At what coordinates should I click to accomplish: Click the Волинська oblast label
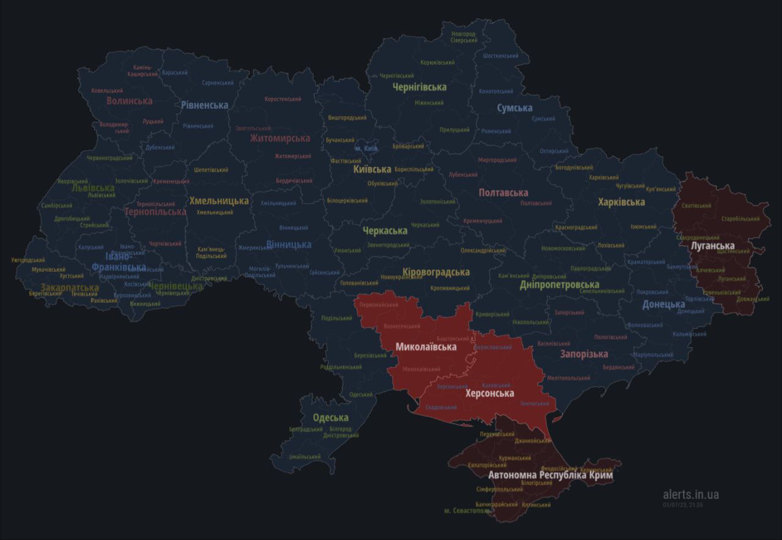(x=130, y=101)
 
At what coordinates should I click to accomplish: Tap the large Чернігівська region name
(x=419, y=87)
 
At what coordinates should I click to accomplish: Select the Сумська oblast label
(x=514, y=108)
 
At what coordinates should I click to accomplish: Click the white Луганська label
(x=712, y=246)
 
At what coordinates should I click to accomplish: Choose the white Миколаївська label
(x=426, y=347)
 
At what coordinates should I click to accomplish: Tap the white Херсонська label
(x=489, y=393)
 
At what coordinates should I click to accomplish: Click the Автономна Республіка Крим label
(x=550, y=475)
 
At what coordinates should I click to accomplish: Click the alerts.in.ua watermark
(x=691, y=494)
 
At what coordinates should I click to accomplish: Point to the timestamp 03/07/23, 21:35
(x=682, y=505)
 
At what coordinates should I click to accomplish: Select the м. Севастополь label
(x=467, y=511)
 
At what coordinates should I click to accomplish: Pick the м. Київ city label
(x=367, y=149)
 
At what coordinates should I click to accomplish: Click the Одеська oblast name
(x=331, y=418)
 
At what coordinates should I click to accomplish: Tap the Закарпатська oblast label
(x=70, y=287)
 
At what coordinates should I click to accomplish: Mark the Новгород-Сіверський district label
(x=464, y=37)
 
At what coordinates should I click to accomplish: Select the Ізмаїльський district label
(x=304, y=457)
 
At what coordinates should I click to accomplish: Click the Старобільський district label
(x=740, y=218)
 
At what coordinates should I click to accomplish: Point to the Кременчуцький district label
(x=483, y=221)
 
